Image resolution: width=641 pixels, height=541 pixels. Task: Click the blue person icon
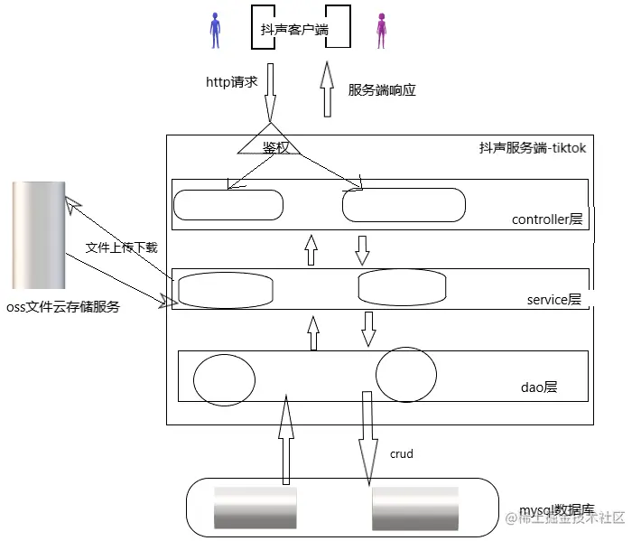(x=215, y=30)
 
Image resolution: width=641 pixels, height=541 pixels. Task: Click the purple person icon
(x=381, y=30)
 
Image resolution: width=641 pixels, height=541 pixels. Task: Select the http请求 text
(x=232, y=81)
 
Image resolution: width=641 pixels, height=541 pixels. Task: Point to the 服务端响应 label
(x=382, y=90)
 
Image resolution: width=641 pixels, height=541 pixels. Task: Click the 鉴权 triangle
(x=268, y=145)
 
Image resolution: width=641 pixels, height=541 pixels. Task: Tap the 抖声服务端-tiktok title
(x=533, y=148)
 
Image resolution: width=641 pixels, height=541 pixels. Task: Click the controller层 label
(x=547, y=219)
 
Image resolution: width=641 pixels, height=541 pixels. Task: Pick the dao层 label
(x=539, y=387)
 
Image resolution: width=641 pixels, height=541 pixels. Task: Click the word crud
(x=401, y=453)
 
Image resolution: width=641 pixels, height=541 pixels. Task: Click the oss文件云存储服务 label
(x=62, y=307)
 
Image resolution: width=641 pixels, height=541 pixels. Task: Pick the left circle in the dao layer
(x=223, y=378)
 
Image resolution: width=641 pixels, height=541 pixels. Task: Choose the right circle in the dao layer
(x=406, y=375)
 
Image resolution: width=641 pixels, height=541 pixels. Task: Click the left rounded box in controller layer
(x=227, y=204)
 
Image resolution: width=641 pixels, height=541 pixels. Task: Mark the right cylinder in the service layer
(x=402, y=286)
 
